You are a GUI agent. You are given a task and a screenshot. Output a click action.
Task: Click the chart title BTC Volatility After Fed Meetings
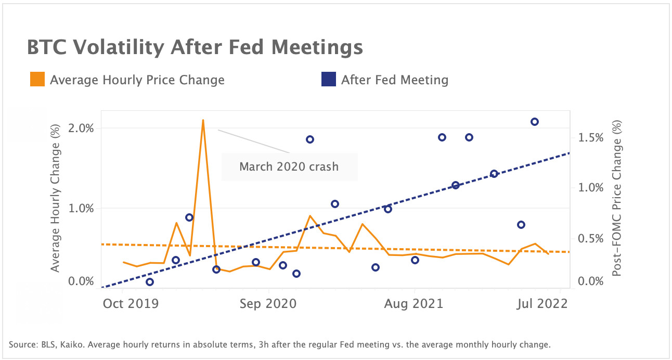[x=195, y=47]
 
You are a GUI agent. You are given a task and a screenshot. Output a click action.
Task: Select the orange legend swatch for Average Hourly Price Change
[x=36, y=80]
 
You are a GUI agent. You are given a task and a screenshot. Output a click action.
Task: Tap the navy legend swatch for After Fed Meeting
[x=328, y=80]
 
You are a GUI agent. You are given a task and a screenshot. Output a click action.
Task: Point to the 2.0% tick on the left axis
[x=81, y=128]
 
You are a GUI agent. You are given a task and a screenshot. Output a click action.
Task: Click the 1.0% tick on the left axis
[x=81, y=208]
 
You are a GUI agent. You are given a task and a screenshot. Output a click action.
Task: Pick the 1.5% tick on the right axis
[x=591, y=137]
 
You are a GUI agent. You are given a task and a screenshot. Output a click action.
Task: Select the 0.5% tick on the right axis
[x=591, y=238]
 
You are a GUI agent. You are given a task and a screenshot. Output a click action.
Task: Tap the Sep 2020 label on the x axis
[x=268, y=303]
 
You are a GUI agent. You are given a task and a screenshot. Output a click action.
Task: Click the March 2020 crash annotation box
[x=289, y=166]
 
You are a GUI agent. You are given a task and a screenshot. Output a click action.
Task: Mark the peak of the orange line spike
[x=203, y=120]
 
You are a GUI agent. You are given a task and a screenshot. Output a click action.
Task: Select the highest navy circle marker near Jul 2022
[x=534, y=122]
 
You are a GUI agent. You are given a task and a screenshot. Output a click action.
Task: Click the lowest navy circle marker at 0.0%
[x=150, y=282]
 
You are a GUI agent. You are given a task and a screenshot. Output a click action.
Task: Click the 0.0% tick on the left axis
[x=81, y=281]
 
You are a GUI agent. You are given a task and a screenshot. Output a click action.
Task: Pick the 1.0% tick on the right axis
[x=591, y=187]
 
